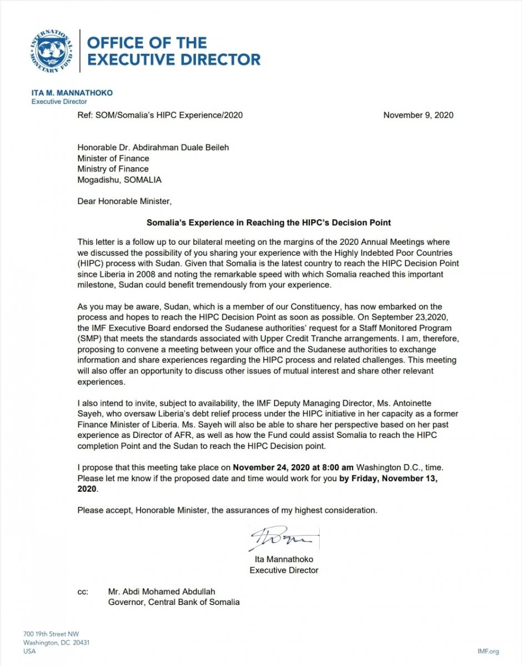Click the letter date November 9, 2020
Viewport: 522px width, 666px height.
418,115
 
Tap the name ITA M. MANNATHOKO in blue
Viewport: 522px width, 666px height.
72,93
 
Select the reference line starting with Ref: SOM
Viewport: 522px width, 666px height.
160,115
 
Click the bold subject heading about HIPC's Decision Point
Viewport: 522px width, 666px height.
269,223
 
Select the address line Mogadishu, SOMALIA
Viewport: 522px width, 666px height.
119,180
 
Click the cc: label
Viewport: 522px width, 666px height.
83,592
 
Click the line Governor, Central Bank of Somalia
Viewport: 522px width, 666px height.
174,602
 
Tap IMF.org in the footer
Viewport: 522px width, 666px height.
488,651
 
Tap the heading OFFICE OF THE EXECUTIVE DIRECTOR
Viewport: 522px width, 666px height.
174,51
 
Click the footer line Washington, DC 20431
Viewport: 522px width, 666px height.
56,643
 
